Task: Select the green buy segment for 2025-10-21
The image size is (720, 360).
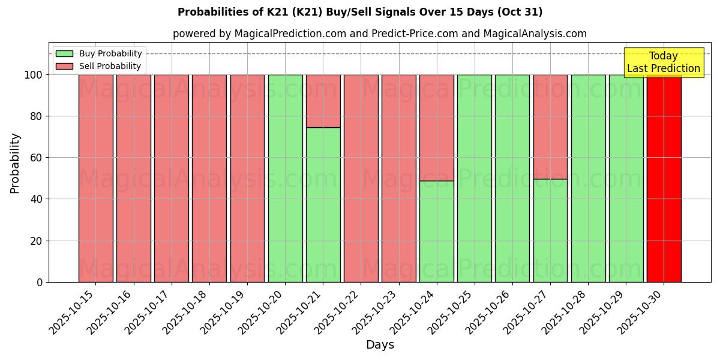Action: [x=323, y=205]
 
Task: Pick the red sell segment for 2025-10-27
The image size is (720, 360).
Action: [x=550, y=127]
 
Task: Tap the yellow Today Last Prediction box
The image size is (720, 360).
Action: [x=663, y=62]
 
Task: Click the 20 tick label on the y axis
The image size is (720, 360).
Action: [x=35, y=241]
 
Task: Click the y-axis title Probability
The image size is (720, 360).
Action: [x=15, y=163]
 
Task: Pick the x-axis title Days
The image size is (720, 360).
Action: [x=380, y=345]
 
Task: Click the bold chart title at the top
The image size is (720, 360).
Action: [x=360, y=12]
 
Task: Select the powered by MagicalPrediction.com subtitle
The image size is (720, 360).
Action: [x=380, y=34]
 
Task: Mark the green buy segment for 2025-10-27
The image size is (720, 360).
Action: [x=550, y=230]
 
